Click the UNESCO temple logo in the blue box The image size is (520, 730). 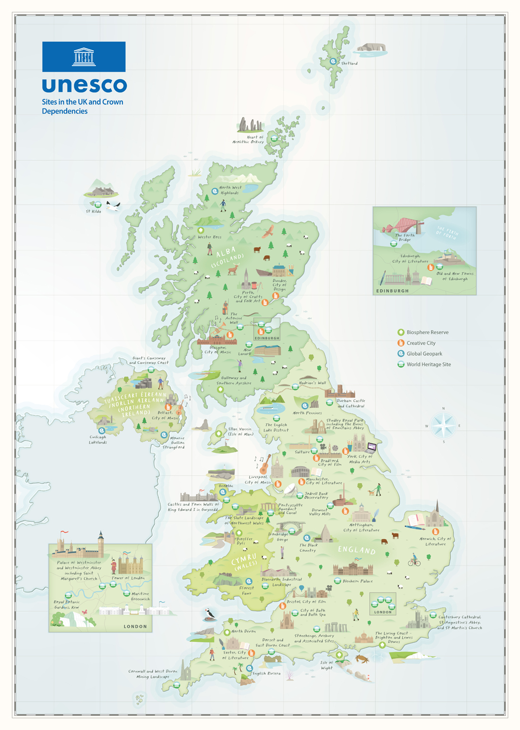point(84,56)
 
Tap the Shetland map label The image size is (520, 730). point(349,63)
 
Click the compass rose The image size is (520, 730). point(444,425)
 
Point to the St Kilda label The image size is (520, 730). point(93,211)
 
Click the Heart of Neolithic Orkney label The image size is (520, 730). point(248,140)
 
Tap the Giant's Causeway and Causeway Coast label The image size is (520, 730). point(149,360)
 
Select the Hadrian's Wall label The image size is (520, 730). point(312,383)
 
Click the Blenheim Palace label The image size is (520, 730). point(357,581)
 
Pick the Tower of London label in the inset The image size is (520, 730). point(128,578)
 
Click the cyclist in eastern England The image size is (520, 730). point(415,560)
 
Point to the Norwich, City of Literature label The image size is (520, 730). point(435,541)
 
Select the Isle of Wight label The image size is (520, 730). point(327,665)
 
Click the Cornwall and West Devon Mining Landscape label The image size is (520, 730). point(153,674)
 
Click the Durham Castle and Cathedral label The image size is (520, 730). point(351,404)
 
